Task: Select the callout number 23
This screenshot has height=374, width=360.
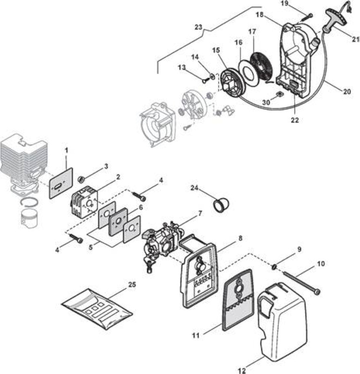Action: point(198,27)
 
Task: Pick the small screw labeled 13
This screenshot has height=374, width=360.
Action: point(205,81)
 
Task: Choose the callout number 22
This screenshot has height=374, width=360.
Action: point(295,120)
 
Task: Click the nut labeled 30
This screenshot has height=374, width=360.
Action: point(279,94)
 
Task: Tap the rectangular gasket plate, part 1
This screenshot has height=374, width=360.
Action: point(61,183)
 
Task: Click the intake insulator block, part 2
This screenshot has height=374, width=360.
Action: point(84,201)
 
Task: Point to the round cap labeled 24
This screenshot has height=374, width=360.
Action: point(221,205)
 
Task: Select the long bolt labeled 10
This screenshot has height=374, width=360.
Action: point(301,283)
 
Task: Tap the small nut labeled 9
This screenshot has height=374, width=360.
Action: point(274,266)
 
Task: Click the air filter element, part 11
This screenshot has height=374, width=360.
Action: point(238,300)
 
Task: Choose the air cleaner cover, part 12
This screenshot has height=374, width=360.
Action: point(281,322)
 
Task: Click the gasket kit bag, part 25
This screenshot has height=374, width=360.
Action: point(97,309)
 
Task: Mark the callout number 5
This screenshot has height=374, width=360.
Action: point(91,248)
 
